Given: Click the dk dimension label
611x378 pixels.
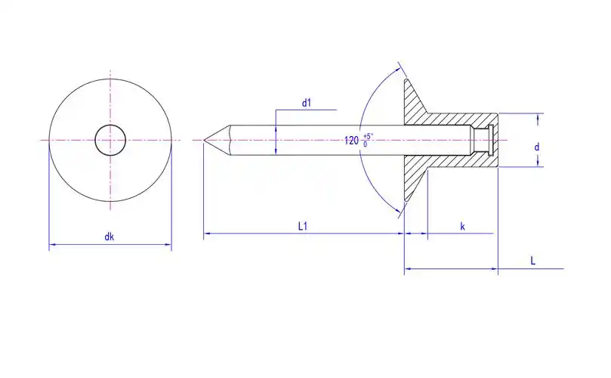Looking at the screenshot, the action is pos(109,237).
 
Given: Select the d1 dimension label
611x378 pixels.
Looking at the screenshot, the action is pos(307,103).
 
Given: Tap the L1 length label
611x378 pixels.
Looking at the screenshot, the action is pos(303,226).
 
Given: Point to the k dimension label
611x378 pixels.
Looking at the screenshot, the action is pos(462,227).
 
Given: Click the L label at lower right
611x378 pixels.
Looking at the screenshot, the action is pos(532,261).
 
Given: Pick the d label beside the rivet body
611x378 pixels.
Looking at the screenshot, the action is pos(536,147).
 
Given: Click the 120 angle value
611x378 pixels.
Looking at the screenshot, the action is pos(351,141).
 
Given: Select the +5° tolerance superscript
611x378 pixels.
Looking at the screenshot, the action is pos(368,136).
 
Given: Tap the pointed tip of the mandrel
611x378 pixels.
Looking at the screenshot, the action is pos(204,140).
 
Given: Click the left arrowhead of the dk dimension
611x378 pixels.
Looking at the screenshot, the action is pos(52,245).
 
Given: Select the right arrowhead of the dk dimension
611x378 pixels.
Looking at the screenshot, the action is pos(168,245).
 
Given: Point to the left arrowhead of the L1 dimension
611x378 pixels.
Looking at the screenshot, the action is pos(207,234).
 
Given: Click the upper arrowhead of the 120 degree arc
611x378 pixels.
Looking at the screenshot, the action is pos(398,70).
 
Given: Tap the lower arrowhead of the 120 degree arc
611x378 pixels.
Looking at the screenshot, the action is pos(397,211).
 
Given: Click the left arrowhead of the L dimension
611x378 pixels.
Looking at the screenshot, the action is pos(408,268).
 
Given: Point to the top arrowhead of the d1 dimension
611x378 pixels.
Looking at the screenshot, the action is pos(276,128).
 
